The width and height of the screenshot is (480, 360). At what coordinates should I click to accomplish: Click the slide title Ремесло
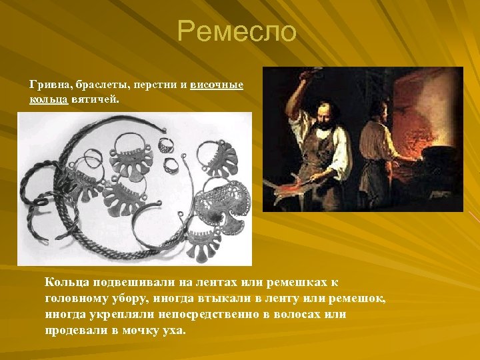(237, 31)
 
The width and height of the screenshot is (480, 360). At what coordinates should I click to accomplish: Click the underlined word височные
(217, 85)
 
